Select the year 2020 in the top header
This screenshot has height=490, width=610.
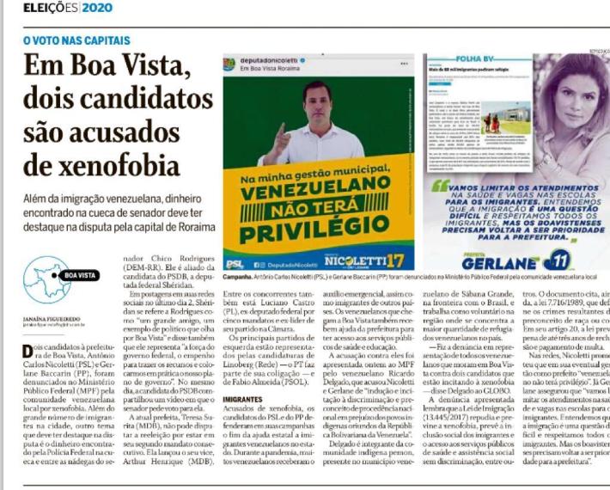pyautogui.click(x=98, y=8)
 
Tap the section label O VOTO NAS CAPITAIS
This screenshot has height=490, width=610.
pyautogui.click(x=76, y=40)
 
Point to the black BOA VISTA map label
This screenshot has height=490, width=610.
pyautogui.click(x=81, y=276)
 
